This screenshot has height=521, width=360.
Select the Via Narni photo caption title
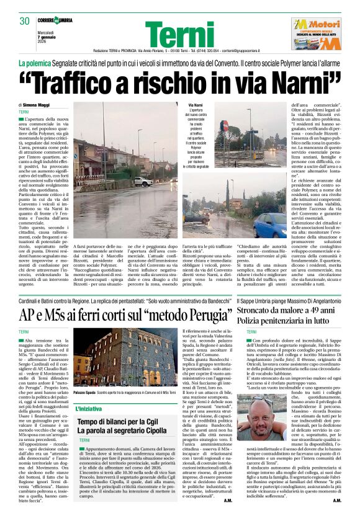[196, 105]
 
